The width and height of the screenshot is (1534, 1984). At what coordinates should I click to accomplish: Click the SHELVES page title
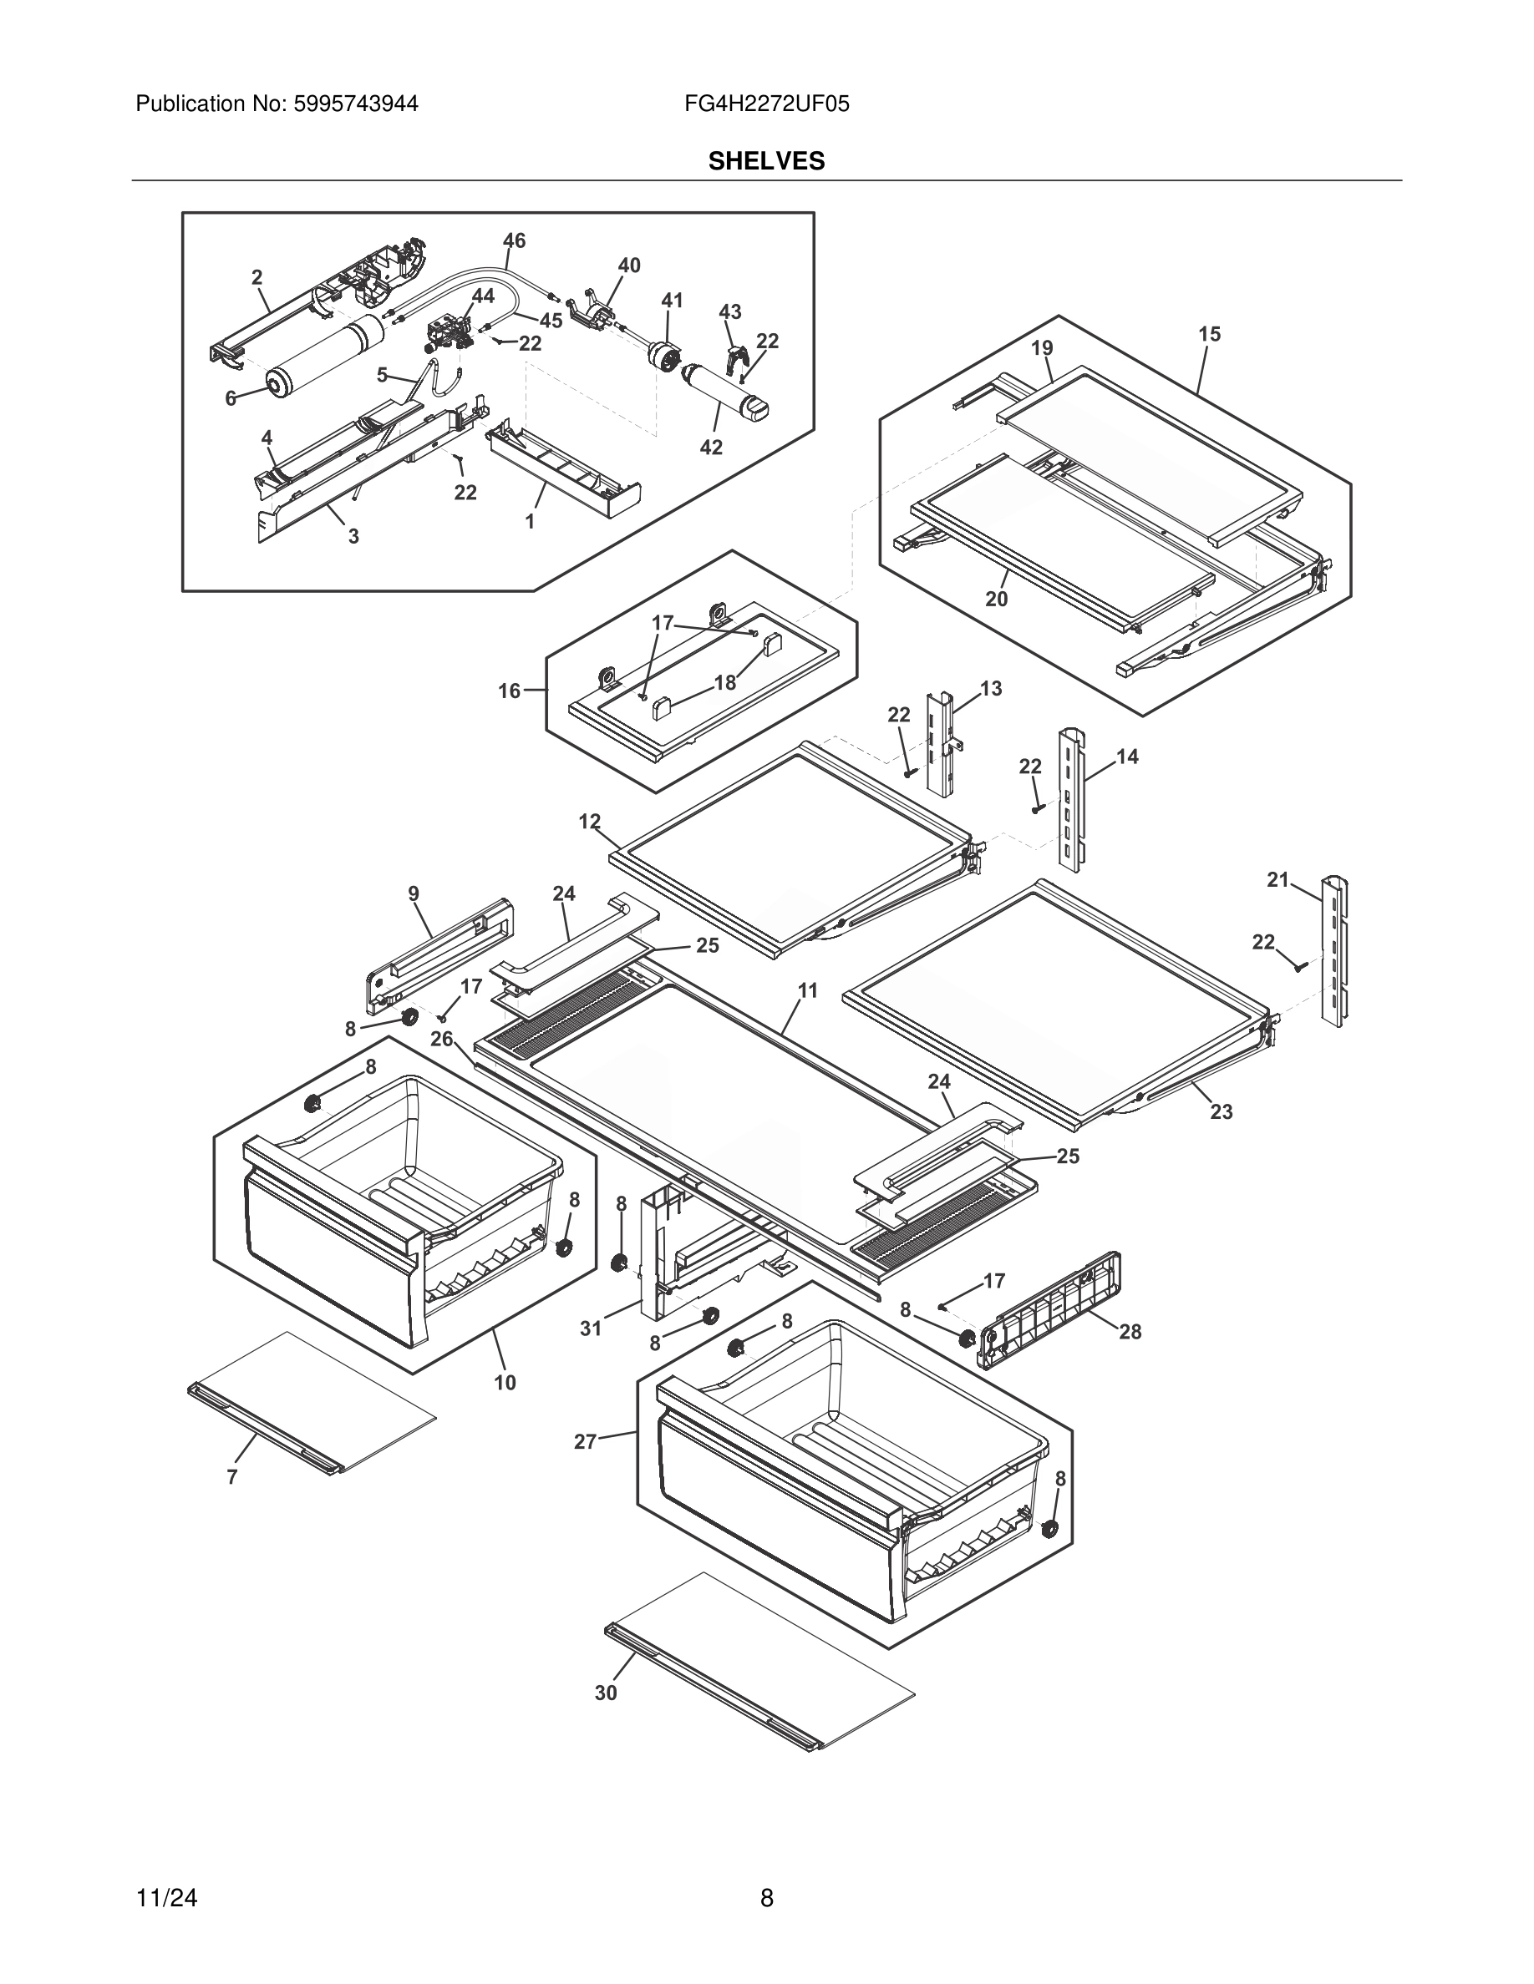(766, 162)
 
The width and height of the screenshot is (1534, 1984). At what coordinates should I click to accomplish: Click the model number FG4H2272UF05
(766, 104)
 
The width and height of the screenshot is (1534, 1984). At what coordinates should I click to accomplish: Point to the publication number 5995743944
(355, 104)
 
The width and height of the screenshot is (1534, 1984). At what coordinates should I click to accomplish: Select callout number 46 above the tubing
(514, 240)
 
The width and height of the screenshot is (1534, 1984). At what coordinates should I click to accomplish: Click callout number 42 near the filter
(711, 447)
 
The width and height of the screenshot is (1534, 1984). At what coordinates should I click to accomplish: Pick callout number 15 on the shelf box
(1209, 334)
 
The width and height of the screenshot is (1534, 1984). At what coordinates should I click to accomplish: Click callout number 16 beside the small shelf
(509, 691)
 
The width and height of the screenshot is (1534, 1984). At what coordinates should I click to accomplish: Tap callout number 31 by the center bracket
(591, 1329)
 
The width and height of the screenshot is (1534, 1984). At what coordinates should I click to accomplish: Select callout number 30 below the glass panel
(606, 1693)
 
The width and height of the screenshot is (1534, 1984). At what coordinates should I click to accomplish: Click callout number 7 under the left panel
(231, 1477)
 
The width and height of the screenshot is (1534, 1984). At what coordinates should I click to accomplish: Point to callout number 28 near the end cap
(1130, 1332)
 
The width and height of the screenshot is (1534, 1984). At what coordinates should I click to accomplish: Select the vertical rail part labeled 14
(1069, 799)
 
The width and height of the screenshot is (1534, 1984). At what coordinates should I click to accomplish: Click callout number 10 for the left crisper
(505, 1383)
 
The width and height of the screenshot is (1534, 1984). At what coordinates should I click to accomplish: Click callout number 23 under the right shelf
(1221, 1112)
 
